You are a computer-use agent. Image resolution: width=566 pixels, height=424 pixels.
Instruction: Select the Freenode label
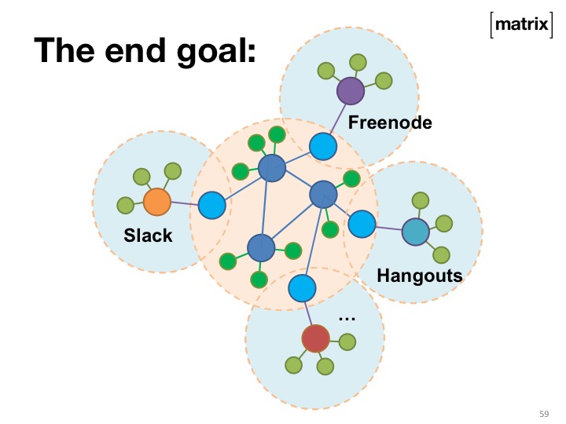click(390, 122)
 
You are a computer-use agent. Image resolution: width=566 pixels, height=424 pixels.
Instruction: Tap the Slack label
click(148, 235)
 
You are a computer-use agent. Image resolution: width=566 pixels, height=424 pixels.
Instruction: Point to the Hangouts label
click(419, 276)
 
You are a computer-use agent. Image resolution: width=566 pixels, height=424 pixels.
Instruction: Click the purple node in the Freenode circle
click(351, 91)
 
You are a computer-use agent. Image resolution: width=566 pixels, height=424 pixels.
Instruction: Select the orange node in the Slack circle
click(157, 202)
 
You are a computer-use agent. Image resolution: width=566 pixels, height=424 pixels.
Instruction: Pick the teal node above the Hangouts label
click(415, 232)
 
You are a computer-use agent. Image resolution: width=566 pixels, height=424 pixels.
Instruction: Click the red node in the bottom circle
click(315, 338)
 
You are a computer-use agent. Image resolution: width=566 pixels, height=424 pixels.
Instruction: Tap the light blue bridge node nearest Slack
click(211, 206)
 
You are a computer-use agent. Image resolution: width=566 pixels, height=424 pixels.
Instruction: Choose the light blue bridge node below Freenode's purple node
click(322, 145)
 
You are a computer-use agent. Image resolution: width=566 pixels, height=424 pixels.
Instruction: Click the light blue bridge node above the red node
click(302, 289)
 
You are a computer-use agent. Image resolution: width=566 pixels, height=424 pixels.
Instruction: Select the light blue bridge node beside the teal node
click(362, 225)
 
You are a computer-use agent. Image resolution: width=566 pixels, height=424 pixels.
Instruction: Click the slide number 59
click(543, 413)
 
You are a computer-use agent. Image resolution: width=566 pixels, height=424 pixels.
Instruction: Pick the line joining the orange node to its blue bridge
click(184, 204)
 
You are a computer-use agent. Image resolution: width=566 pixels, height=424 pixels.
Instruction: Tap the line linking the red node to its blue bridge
click(308, 313)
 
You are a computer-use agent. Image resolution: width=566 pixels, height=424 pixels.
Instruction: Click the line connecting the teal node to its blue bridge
click(388, 228)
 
